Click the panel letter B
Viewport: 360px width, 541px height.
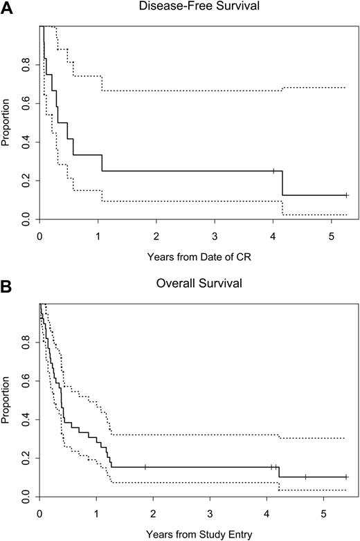[x=6, y=284]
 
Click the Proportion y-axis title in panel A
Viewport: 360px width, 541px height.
[x=6, y=123]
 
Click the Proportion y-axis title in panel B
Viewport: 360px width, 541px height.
[x=6, y=400]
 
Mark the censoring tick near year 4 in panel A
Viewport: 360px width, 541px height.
[x=273, y=171]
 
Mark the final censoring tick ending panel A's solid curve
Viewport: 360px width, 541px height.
[x=347, y=195]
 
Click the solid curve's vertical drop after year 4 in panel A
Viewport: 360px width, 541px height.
[x=282, y=183]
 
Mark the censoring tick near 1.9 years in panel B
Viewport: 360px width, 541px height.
[x=145, y=467]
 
